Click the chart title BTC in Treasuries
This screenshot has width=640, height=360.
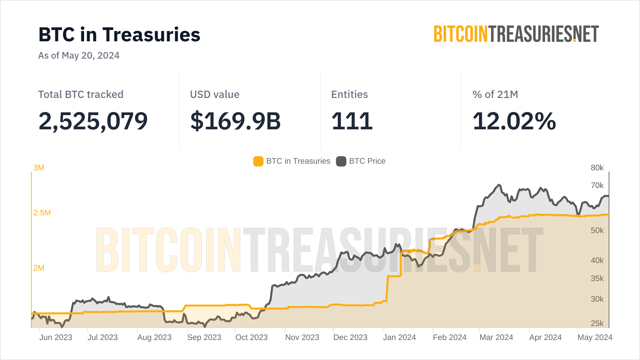119,35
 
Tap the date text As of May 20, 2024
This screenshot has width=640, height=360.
79,55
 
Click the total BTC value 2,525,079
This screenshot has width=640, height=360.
93,121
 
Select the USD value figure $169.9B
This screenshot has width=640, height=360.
235,121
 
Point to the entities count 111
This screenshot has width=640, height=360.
352,121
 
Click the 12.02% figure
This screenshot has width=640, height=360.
514,121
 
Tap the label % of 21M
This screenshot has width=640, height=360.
495,94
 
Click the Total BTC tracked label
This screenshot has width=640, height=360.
81,94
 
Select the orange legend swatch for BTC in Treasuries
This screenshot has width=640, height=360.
258,161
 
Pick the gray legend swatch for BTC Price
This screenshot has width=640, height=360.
341,161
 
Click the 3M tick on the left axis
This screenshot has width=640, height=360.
39,168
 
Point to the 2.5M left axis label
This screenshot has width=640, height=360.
42,213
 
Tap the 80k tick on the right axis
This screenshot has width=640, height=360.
597,168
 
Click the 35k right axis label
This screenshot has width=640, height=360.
597,278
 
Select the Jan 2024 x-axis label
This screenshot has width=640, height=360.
399,337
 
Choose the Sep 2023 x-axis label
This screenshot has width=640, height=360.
204,337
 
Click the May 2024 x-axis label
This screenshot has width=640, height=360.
595,337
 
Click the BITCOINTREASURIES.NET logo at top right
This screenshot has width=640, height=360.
516,34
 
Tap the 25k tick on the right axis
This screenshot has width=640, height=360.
597,323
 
